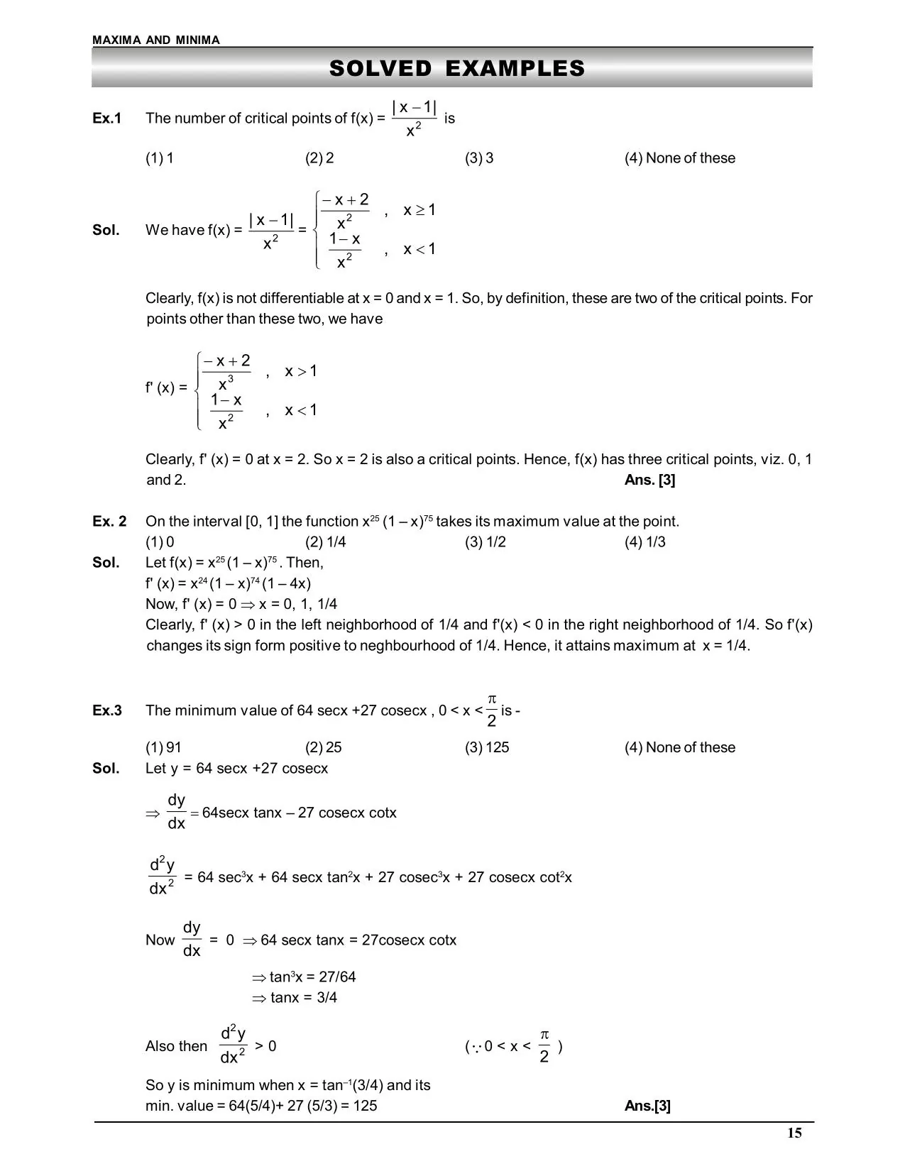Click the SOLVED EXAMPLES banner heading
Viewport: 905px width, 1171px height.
pyautogui.click(x=456, y=68)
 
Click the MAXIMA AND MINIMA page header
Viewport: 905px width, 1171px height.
pyautogui.click(x=156, y=40)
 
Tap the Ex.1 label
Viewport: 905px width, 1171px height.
pyautogui.click(x=107, y=119)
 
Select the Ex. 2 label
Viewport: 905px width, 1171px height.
pyautogui.click(x=109, y=522)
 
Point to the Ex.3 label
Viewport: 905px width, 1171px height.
pyautogui.click(x=107, y=710)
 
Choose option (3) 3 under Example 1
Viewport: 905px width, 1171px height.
pyautogui.click(x=479, y=158)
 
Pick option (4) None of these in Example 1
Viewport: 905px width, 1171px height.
pyautogui.click(x=679, y=158)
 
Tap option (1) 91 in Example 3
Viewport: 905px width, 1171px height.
pyautogui.click(x=163, y=747)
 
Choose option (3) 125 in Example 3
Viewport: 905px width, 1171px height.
pyautogui.click(x=487, y=747)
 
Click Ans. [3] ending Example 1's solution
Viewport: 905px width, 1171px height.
pyautogui.click(x=649, y=480)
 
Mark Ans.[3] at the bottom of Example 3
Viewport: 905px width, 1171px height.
pyautogui.click(x=647, y=1106)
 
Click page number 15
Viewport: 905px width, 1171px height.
pyautogui.click(x=794, y=1133)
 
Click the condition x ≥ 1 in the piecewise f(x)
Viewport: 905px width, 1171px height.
pyautogui.click(x=419, y=210)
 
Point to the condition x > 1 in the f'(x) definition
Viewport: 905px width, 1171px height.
pyautogui.click(x=301, y=371)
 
